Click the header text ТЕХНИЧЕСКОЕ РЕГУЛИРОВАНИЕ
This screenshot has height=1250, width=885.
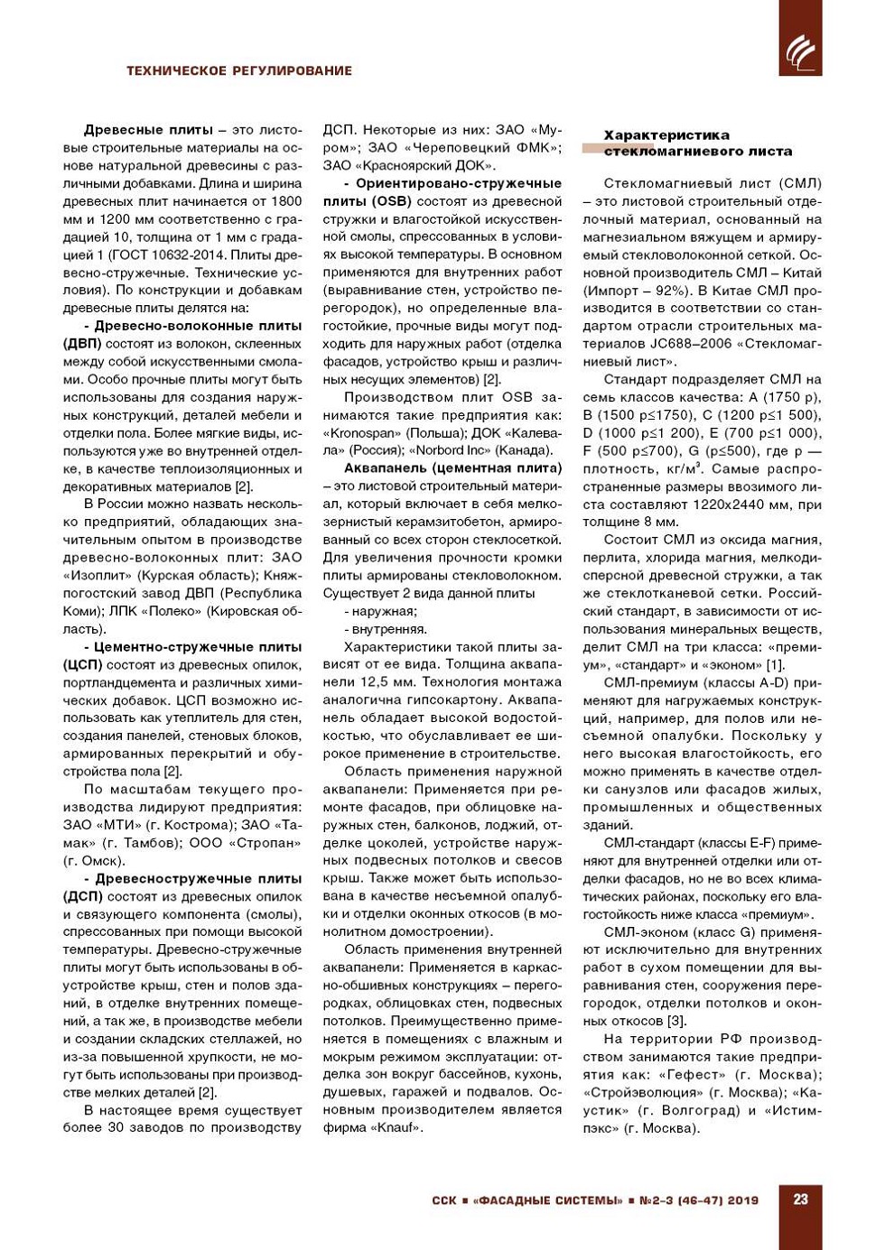click(239, 70)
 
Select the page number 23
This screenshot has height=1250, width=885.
click(800, 1199)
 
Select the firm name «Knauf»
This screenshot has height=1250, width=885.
click(396, 1127)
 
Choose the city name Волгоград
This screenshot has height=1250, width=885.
click(689, 1110)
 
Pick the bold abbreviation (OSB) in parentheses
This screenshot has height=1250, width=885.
click(389, 201)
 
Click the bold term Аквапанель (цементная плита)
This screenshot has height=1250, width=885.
click(452, 468)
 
